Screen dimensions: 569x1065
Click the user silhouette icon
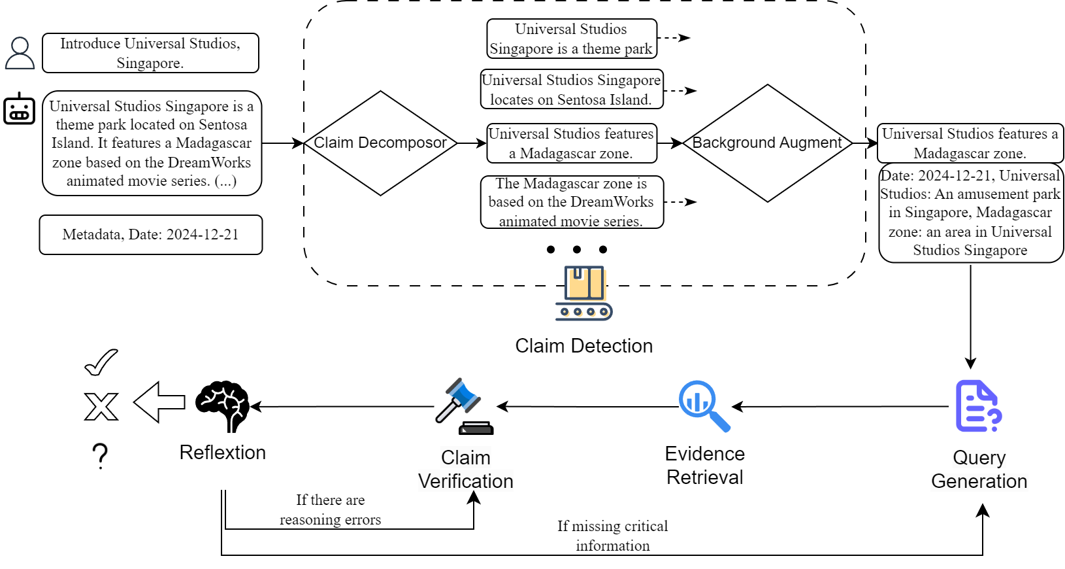(x=20, y=53)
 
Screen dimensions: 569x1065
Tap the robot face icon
(x=20, y=109)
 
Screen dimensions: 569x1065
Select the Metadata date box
(x=151, y=235)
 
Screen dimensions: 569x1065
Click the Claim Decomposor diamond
(x=380, y=143)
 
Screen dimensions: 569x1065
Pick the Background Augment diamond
(x=767, y=143)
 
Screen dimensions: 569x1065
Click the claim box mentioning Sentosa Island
(x=572, y=90)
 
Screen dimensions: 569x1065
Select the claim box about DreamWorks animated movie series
(x=572, y=202)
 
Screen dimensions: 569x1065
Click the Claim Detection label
(x=583, y=346)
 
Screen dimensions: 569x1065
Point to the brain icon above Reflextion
(x=223, y=406)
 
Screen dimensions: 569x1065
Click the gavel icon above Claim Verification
(x=465, y=406)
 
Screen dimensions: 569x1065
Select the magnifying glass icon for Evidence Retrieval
(x=704, y=406)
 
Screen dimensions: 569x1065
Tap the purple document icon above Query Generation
(x=978, y=406)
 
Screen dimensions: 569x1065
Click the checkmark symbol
(x=101, y=362)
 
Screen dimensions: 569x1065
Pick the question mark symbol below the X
(x=100, y=456)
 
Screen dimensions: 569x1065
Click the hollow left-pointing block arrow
(x=159, y=402)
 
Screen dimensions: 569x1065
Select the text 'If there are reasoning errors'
(x=330, y=510)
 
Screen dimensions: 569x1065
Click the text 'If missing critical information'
(x=612, y=536)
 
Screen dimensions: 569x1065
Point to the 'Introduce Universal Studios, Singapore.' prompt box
(x=150, y=53)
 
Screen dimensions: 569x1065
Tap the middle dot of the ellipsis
(x=577, y=249)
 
